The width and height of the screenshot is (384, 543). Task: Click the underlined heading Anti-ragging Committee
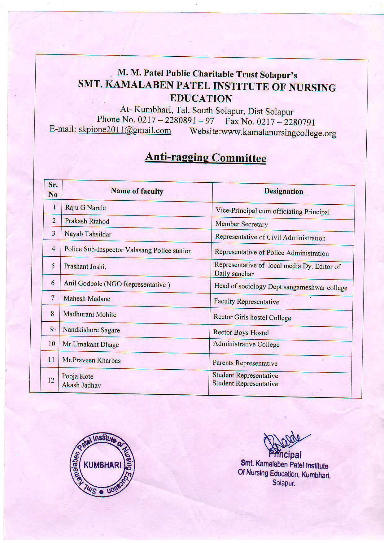pos(206,158)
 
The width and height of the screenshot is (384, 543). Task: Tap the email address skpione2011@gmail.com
pos(124,130)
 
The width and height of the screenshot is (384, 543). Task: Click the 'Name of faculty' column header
pos(137,191)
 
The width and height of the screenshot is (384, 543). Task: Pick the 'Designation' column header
pos(283,191)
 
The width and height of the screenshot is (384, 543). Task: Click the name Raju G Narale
pos(85,208)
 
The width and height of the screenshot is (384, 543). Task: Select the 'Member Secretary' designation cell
pos(242,224)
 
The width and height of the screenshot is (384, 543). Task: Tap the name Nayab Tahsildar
pos(88,234)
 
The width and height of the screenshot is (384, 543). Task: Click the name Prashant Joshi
pos(85,267)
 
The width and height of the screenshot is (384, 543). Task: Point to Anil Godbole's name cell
pos(117,284)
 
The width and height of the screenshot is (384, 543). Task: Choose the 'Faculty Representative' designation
pos(246,302)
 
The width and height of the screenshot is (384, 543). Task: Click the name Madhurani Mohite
pos(90,315)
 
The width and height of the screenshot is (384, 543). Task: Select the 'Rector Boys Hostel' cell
pos(241,333)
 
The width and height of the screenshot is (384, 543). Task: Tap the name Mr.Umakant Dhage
pos(90,345)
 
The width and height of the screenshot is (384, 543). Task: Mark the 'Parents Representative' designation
pos(245,363)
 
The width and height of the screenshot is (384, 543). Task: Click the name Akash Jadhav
pos(81,385)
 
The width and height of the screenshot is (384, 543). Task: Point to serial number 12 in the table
pos(51,380)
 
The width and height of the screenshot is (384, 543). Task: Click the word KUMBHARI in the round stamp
pos(102,465)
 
